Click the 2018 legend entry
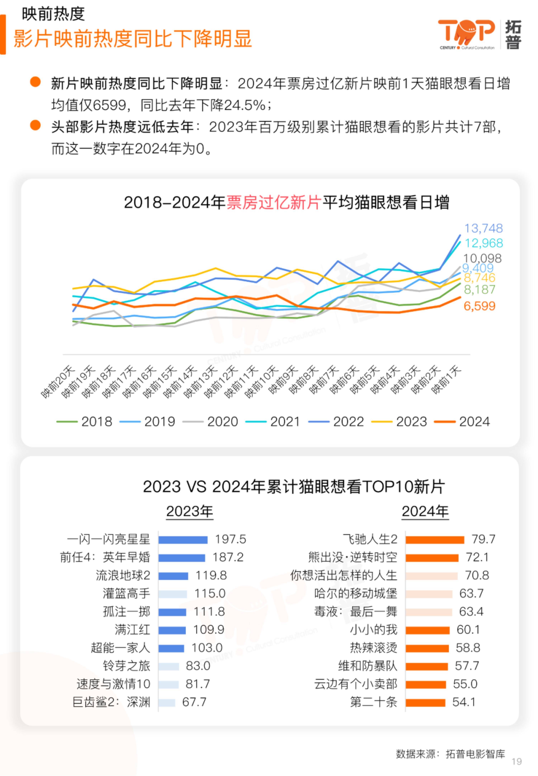[x=84, y=421]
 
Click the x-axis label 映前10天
[x=261, y=382]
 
